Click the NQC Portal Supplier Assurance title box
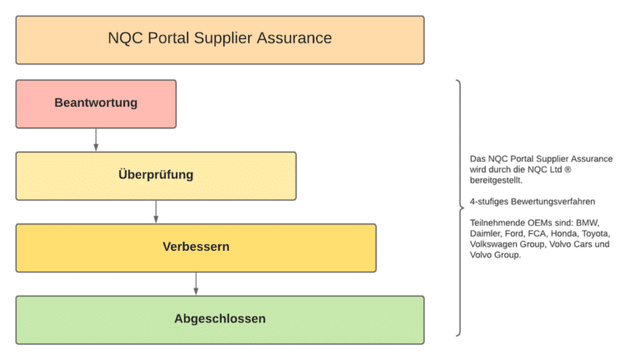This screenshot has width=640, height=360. (220, 38)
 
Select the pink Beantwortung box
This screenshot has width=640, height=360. (96, 103)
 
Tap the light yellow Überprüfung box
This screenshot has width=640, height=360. (156, 176)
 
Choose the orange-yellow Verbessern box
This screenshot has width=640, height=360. (196, 247)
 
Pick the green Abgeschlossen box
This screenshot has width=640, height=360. (220, 319)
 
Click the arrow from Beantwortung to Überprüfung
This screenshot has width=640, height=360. (96, 140)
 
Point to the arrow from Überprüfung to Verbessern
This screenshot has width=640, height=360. (156, 212)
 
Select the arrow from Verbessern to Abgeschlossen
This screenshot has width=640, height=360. (196, 283)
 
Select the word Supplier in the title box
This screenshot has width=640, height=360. (224, 38)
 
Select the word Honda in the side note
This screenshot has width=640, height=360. (558, 234)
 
